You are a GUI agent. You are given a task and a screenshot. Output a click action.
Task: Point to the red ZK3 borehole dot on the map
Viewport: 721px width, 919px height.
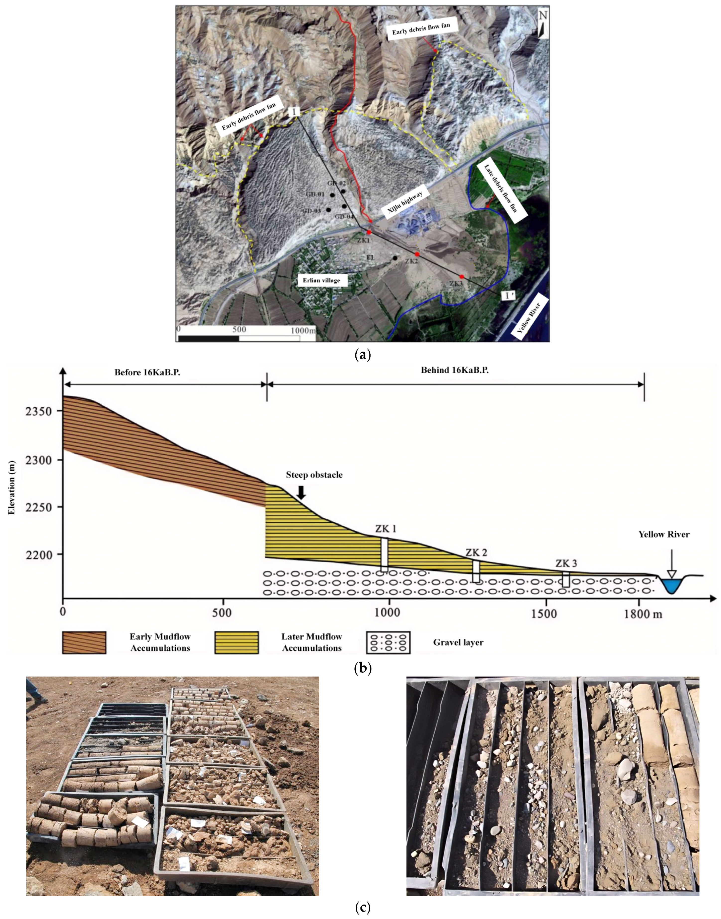pos(462,277)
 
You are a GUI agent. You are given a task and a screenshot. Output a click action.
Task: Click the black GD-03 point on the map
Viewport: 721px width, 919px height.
pos(328,210)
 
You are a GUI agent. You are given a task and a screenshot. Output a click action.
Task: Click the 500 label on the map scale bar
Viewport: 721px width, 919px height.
pos(239,330)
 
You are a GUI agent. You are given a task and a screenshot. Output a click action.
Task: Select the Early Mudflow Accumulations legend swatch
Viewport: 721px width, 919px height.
pos(84,642)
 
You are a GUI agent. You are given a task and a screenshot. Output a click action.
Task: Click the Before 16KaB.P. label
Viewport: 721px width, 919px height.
pos(147,372)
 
